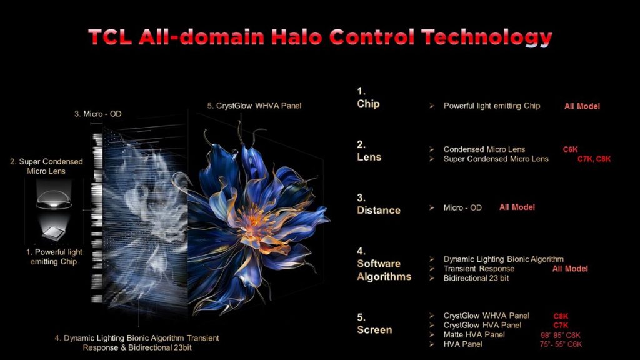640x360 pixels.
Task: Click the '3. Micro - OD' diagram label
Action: [98, 114]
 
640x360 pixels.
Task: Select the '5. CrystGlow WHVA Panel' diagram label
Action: [254, 106]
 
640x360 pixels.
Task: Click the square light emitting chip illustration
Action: [54, 232]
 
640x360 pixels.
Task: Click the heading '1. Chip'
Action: [368, 97]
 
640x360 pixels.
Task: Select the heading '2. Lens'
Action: [369, 151]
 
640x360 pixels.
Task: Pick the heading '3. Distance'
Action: [378, 204]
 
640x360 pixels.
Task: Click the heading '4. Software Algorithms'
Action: [384, 264]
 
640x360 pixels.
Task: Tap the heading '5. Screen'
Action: [374, 324]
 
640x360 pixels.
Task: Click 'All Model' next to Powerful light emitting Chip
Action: [582, 106]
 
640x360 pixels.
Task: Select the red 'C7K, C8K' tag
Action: [594, 159]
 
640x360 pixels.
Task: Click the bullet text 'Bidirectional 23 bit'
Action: [476, 278]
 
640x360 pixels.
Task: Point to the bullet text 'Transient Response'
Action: [479, 269]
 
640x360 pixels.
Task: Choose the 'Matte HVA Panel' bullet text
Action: [474, 335]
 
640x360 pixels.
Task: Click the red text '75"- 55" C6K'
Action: [561, 344]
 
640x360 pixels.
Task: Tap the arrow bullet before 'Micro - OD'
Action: [432, 207]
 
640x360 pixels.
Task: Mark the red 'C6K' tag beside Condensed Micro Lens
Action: [570, 149]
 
